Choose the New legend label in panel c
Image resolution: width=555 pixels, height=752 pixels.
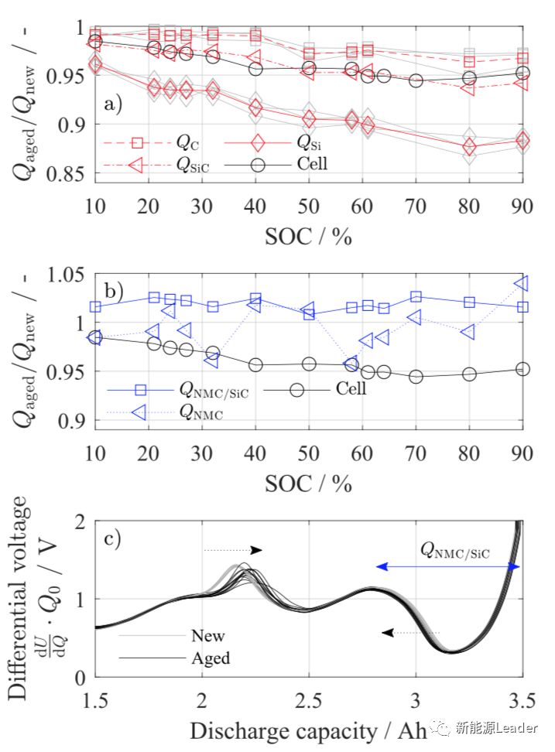pyautogui.click(x=207, y=637)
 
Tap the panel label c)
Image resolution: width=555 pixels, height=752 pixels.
pyautogui.click(x=112, y=539)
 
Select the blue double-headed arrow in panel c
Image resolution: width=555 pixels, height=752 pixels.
pyautogui.click(x=448, y=567)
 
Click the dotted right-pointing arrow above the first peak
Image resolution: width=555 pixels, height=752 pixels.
pyautogui.click(x=233, y=550)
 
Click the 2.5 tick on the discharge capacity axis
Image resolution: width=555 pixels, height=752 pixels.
pyautogui.click(x=309, y=702)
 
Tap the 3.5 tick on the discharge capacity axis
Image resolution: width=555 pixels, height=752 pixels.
pyautogui.click(x=522, y=702)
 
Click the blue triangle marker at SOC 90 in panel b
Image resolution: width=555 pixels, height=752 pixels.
pyautogui.click(x=522, y=283)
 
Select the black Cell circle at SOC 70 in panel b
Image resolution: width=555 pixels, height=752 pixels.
pyautogui.click(x=416, y=377)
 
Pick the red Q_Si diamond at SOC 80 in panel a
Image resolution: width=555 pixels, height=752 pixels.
pyautogui.click(x=469, y=148)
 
